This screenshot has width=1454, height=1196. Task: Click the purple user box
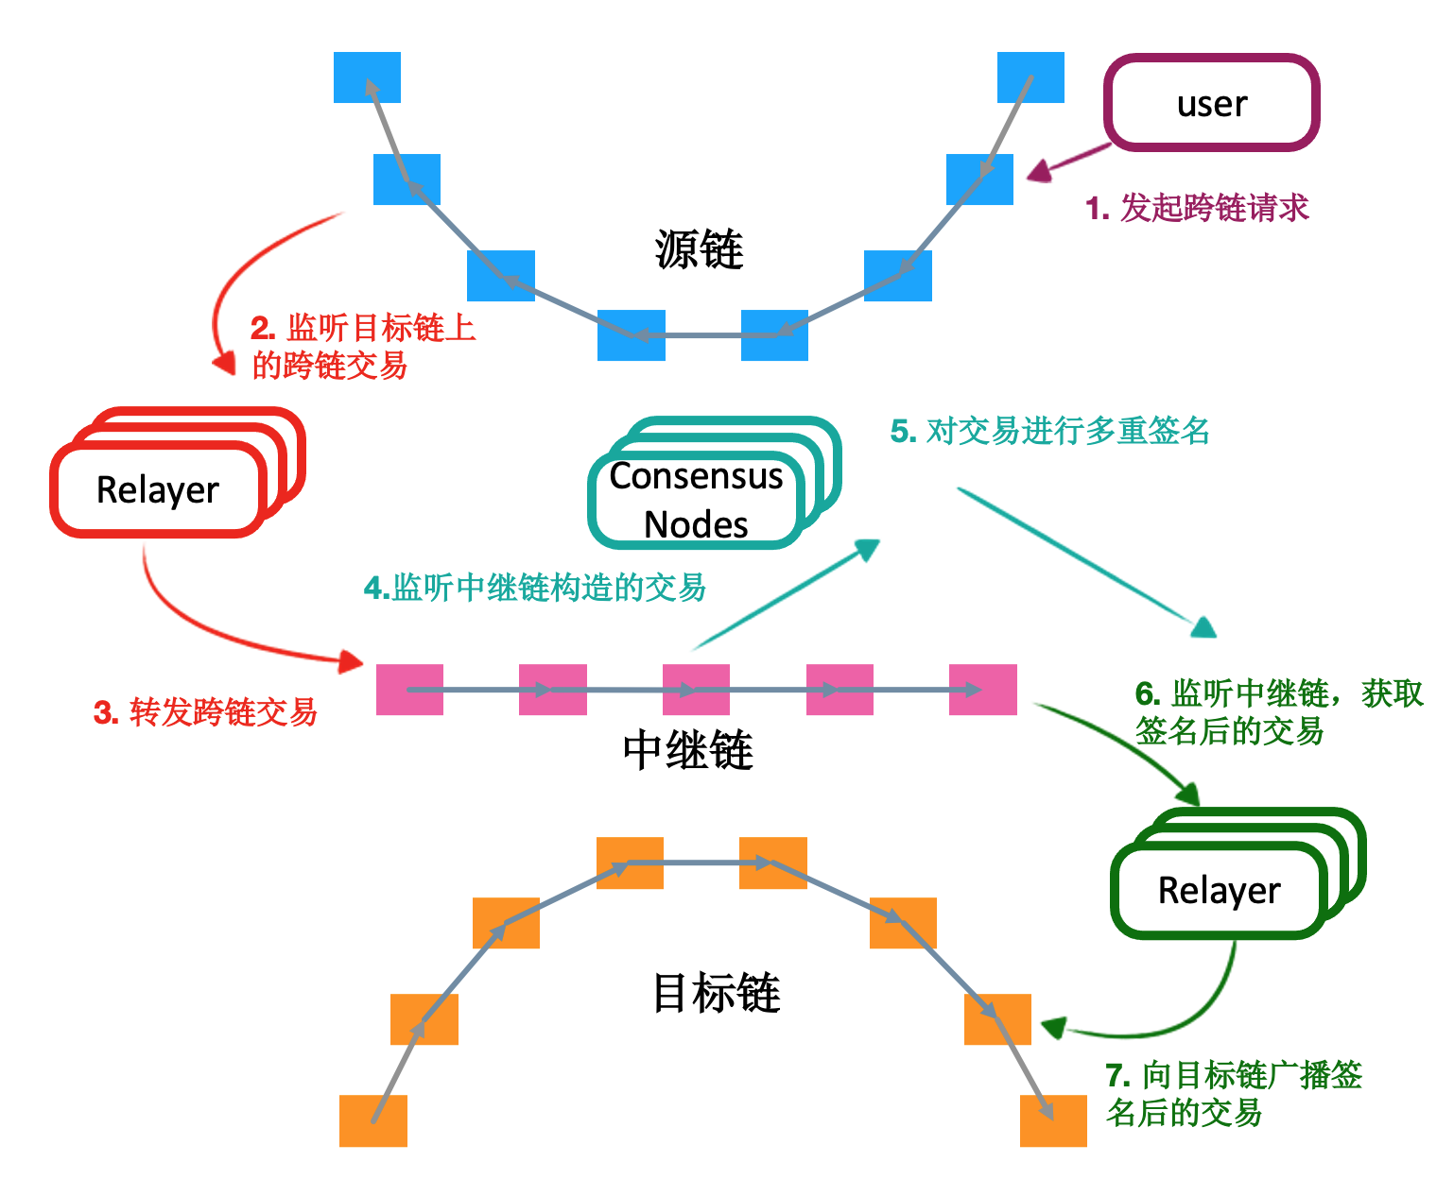pos(1211,103)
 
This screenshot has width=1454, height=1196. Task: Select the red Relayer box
pos(158,489)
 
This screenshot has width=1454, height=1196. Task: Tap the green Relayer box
pos(1219,890)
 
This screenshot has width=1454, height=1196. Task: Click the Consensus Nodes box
pos(697,500)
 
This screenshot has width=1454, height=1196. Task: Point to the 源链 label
pos(699,250)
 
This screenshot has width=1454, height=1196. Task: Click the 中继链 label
pos(687,751)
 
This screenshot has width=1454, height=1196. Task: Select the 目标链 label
pos(716,994)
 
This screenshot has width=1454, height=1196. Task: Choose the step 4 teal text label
pos(535,588)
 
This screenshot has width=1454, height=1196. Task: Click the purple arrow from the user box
pos(1068,162)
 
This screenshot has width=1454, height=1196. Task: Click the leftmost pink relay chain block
pos(409,690)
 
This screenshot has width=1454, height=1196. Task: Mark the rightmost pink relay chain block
pos(983,690)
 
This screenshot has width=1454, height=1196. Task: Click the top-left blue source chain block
pos(367,77)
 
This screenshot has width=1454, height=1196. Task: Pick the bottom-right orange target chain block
pos(1053,1120)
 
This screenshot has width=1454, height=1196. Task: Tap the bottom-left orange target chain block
pos(373,1120)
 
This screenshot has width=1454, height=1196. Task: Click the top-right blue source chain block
pos(1030,77)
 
